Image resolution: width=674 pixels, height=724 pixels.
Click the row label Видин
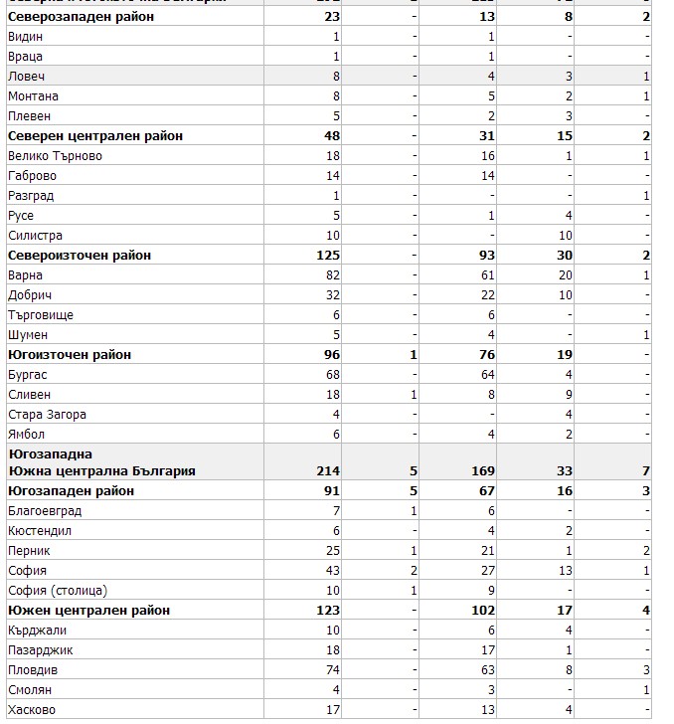[25, 37]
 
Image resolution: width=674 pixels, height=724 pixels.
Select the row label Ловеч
[26, 77]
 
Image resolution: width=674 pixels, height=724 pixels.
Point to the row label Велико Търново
[55, 156]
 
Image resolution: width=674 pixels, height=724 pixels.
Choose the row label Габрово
[32, 176]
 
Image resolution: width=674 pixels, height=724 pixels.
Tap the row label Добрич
[30, 295]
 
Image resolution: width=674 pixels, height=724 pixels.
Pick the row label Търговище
[40, 315]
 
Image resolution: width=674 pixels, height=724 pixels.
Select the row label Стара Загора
[47, 415]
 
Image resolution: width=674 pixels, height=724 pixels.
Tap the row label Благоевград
[45, 511]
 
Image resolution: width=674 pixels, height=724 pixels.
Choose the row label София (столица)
[57, 591]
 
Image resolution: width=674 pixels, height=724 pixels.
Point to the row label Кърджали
[34, 631]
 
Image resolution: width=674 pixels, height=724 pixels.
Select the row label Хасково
[32, 710]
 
